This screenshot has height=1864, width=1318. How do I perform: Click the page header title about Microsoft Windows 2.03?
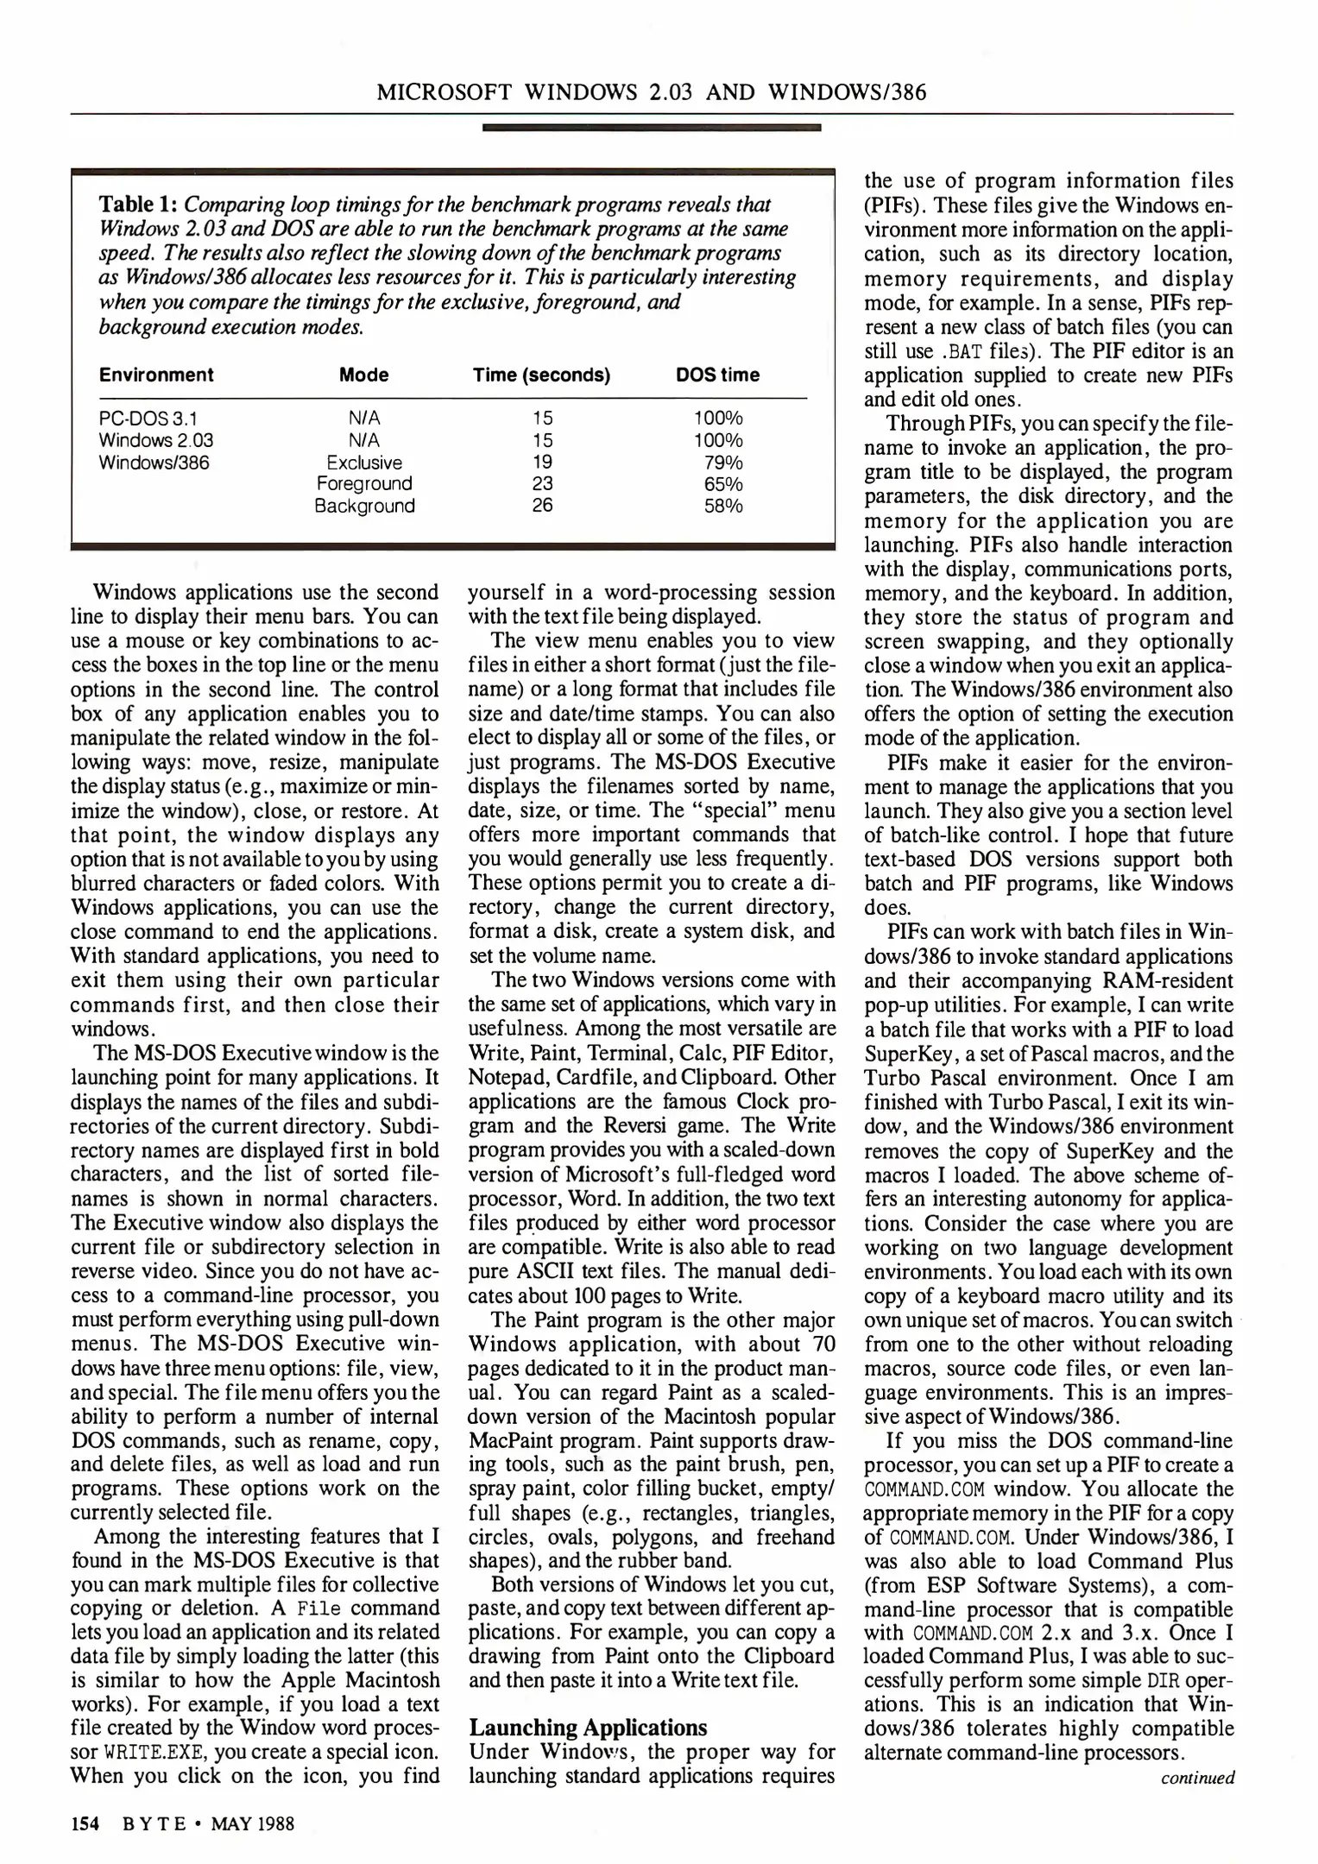point(652,91)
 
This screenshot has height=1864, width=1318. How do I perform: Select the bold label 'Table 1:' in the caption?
point(139,205)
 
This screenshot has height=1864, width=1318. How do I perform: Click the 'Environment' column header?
point(155,375)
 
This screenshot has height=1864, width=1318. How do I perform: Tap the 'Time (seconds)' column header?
point(541,375)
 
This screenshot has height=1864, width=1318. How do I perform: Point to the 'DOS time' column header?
point(717,375)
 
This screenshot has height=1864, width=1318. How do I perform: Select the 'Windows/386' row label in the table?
point(154,463)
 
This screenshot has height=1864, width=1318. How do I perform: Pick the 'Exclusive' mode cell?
point(364,463)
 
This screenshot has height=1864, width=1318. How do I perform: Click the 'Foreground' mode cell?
point(364,484)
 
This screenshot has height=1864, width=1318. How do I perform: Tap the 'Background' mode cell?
point(364,507)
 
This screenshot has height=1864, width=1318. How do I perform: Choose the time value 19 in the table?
point(542,463)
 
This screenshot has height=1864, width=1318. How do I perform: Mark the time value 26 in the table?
point(542,507)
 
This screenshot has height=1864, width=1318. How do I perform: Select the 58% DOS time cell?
point(723,507)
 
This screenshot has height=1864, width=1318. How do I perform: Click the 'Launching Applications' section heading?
point(588,1728)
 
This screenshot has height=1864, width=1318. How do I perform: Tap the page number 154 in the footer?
point(85,1823)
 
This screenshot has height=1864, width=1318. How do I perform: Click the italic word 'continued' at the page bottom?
point(1197,1778)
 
